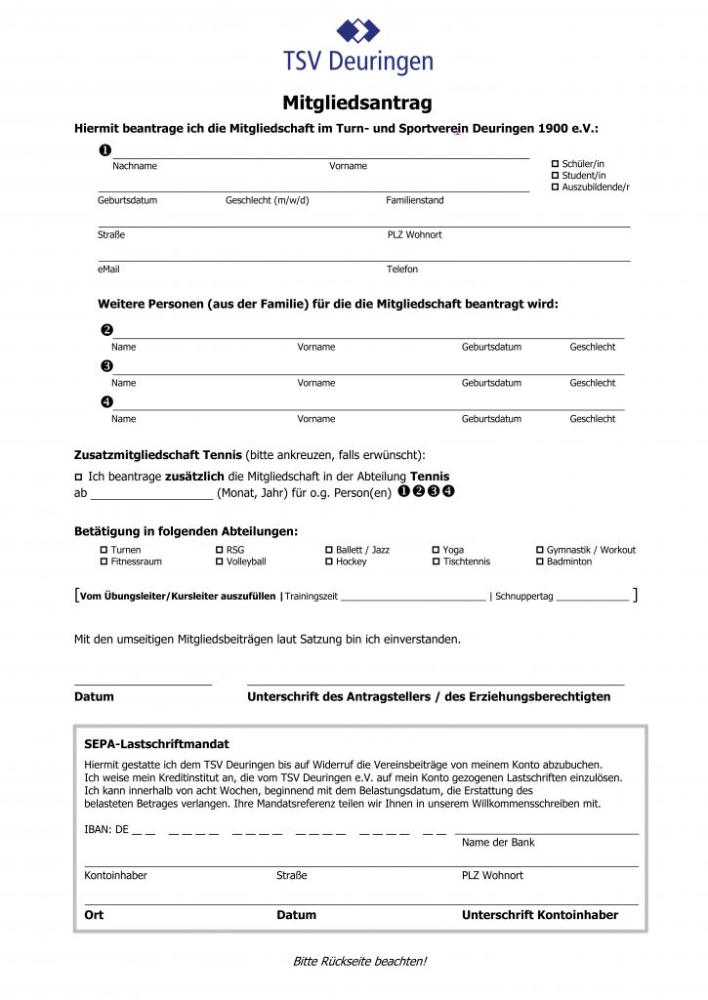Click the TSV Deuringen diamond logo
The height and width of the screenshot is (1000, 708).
coord(358,30)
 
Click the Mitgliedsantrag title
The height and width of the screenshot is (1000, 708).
coord(357,103)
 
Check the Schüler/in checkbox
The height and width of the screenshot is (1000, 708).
coord(556,164)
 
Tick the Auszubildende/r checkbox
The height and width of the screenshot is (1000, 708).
coord(556,187)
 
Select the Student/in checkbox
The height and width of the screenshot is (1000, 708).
coord(556,176)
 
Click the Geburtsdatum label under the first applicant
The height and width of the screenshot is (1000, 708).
coord(127,200)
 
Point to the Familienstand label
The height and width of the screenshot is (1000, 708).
coord(414,200)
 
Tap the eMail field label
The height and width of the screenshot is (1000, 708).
coord(108,269)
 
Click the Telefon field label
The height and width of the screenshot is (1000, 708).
coord(402,269)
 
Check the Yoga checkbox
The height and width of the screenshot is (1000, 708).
coord(436,550)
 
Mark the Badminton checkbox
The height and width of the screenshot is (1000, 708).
coord(539,562)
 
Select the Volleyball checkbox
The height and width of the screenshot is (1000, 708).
coord(219,562)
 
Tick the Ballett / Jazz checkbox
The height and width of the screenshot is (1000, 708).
coord(328,550)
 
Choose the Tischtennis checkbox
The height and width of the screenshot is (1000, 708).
coord(436,562)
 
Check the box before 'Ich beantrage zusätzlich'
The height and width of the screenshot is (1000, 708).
coord(79,476)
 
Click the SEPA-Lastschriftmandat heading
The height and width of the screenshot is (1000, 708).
coord(156,743)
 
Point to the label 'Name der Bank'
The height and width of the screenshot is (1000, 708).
coord(498,842)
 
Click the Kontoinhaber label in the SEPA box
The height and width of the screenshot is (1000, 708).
coord(116,875)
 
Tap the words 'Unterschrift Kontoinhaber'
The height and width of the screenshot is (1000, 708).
coord(539,915)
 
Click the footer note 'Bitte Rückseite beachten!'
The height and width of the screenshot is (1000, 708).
coord(359,961)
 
